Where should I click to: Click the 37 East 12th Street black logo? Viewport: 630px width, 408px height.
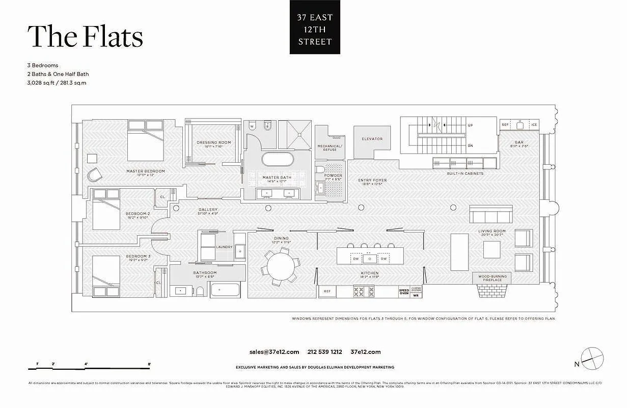click(315, 30)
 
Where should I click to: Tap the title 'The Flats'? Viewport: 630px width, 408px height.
click(85, 37)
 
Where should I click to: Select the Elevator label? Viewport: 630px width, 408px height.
click(372, 139)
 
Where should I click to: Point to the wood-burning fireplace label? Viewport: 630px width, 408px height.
click(492, 278)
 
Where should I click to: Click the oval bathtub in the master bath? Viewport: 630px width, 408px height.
click(278, 159)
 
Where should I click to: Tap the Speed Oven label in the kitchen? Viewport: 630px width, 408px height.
click(403, 291)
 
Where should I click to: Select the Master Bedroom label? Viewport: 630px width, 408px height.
click(146, 171)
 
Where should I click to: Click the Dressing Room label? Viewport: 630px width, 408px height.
click(214, 143)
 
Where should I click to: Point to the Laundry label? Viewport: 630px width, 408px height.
click(224, 247)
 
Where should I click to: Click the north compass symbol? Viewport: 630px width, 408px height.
click(592, 358)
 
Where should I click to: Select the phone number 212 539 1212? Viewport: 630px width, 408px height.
click(324, 352)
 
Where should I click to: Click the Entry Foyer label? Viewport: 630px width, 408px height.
click(372, 181)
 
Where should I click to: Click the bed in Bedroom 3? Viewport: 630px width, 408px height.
click(106, 275)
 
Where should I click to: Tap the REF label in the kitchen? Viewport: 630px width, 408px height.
click(326, 292)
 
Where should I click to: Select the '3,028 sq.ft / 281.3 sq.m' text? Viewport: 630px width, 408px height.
click(57, 83)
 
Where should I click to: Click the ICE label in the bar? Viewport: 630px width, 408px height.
click(534, 125)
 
